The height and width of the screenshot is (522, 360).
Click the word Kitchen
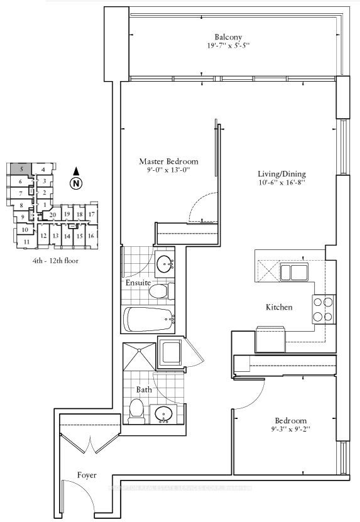(279, 308)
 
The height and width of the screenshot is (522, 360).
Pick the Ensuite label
(138, 283)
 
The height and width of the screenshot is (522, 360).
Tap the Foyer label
(87, 476)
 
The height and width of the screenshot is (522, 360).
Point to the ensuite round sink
(165, 263)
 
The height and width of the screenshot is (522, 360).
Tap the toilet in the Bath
(134, 411)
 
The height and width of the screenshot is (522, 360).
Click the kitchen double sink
(293, 273)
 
